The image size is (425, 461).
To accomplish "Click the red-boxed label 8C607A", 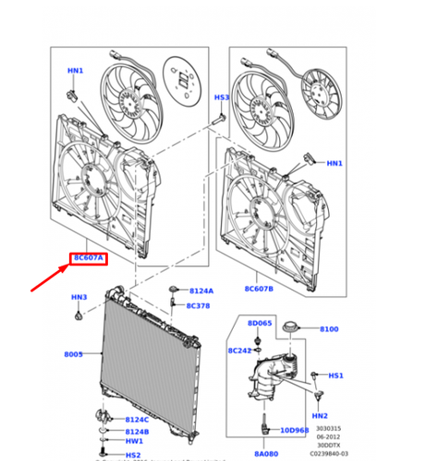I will tap(88, 259).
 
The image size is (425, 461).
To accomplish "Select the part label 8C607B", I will tap(260, 289).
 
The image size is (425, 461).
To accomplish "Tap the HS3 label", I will tap(222, 97).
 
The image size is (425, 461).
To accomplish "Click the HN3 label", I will tap(79, 298).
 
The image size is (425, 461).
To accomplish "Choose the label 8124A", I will tap(200, 290).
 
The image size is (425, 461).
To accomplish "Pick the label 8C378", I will tap(200, 305).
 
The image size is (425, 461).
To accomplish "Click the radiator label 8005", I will tap(74, 354).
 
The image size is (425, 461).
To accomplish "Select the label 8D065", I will tap(259, 324).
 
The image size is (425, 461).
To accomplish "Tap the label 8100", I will tap(329, 329).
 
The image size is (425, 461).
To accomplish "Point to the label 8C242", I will tap(241, 350).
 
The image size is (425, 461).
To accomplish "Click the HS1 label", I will tap(336, 375).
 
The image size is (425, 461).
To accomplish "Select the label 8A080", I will tap(265, 454).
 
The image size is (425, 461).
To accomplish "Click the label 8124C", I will tap(138, 420).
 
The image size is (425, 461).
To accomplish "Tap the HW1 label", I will tap(134, 442).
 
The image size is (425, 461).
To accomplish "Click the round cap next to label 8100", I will tap(297, 327).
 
